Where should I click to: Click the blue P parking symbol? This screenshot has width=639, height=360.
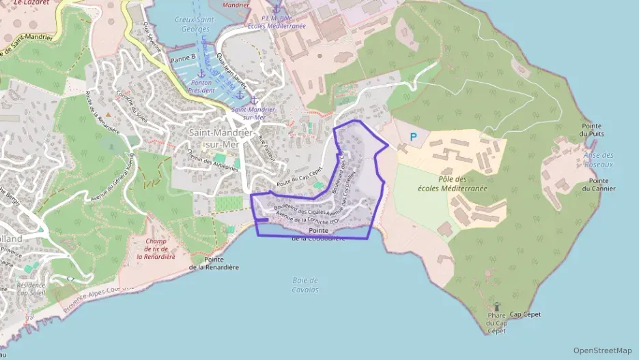click(412, 137)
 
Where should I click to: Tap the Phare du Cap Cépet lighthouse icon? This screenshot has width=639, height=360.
click(496, 307)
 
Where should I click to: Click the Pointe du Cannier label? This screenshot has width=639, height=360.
click(600, 184)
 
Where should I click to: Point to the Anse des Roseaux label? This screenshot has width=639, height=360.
click(598, 160)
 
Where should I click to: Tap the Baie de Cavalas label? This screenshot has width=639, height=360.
click(305, 285)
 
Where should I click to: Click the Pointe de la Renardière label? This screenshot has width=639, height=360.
click(214, 263)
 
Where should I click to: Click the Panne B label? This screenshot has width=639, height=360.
click(183, 57)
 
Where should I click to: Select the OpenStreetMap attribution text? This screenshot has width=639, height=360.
click(603, 350)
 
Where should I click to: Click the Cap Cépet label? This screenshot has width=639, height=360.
click(525, 314)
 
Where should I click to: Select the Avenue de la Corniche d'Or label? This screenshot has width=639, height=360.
click(308, 219)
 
